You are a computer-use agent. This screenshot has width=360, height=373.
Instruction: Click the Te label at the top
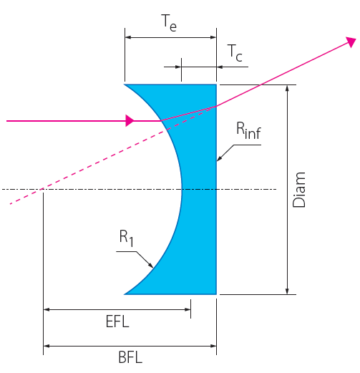pyautogui.click(x=169, y=23)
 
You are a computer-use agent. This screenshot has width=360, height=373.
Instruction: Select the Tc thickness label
pyautogui.click(x=235, y=53)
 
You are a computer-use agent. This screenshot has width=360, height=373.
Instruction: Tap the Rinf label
pyautogui.click(x=248, y=130)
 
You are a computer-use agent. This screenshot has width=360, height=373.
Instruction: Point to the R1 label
pyautogui.click(x=126, y=238)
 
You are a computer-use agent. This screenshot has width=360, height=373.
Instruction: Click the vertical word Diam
pyautogui.click(x=298, y=190)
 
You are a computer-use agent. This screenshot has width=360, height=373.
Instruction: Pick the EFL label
pyautogui.click(x=117, y=321)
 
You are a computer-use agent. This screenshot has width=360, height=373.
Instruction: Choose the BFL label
pyautogui.click(x=130, y=357)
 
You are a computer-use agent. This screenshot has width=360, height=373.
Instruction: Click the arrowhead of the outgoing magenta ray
pyautogui.click(x=351, y=42)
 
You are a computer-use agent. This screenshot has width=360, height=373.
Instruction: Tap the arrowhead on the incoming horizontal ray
pyautogui.click(x=130, y=120)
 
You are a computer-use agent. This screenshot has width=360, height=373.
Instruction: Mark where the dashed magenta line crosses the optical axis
pyautogui.click(x=42, y=189)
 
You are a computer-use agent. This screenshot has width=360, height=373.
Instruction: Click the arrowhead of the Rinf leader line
pyautogui.click(x=219, y=158)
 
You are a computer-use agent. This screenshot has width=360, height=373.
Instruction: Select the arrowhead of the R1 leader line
pyautogui.click(x=151, y=266)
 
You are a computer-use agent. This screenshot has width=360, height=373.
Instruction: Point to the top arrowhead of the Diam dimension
pyautogui.click(x=287, y=88)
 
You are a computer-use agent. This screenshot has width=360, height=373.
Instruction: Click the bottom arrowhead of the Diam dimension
pyautogui.click(x=287, y=291)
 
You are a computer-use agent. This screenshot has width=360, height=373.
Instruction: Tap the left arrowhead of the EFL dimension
pyautogui.click(x=47, y=309)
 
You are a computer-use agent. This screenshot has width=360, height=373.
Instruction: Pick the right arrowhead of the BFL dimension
pyautogui.click(x=213, y=346)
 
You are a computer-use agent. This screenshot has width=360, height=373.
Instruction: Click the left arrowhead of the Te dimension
pyautogui.click(x=128, y=37)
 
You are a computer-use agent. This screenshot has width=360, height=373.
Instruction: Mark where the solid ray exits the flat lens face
pyautogui.click(x=216, y=106)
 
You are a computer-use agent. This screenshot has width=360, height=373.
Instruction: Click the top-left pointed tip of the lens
pyautogui.click(x=125, y=84)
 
